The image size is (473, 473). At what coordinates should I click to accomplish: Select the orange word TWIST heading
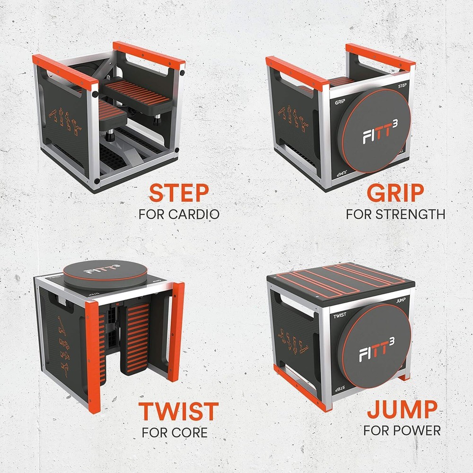click(x=178, y=412)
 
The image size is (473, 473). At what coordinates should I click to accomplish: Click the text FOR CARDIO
click(x=179, y=214)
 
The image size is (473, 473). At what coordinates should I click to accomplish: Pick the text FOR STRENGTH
click(x=395, y=214)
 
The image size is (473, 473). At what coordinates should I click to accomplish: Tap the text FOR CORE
click(x=175, y=432)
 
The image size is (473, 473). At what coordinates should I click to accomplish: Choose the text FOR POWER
click(x=402, y=430)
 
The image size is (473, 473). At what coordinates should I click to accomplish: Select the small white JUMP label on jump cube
click(x=400, y=298)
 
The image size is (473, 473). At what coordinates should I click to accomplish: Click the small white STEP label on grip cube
click(x=400, y=86)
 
